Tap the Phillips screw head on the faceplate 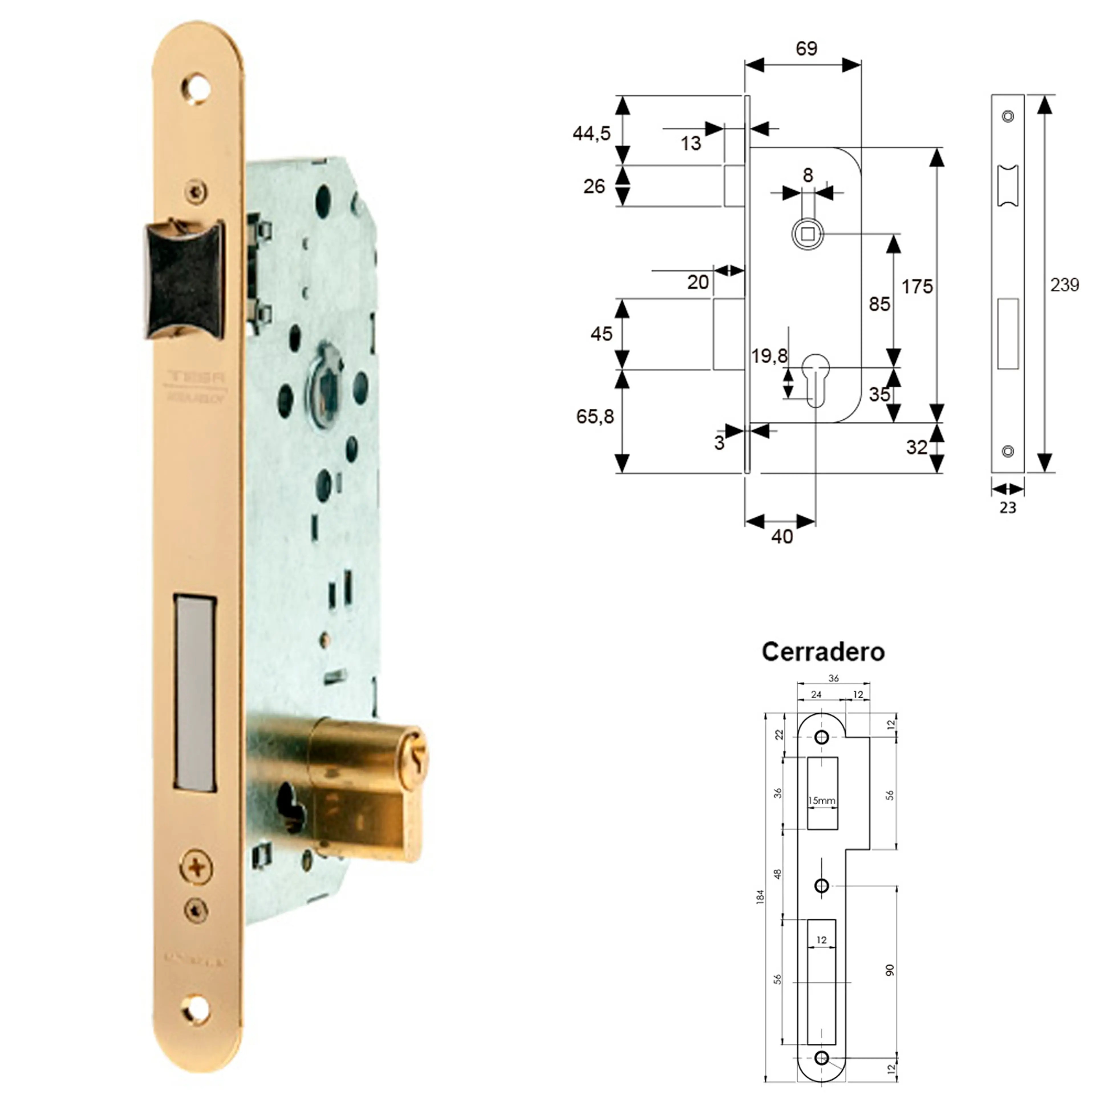[196, 868]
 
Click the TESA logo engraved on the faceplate [196, 376]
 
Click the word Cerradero [822, 652]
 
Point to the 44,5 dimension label [591, 134]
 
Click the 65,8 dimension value [595, 417]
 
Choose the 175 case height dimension [916, 287]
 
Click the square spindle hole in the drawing [808, 234]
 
